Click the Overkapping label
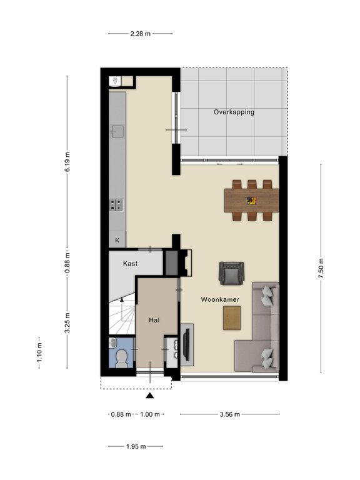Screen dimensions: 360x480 pyautogui.click(x=234, y=112)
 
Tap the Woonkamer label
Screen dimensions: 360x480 pyautogui.click(x=220, y=299)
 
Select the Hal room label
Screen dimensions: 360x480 pyautogui.click(x=154, y=320)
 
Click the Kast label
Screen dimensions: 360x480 pyautogui.click(x=130, y=263)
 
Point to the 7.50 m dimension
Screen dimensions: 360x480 pyautogui.click(x=321, y=268)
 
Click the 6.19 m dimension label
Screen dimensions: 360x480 pyautogui.click(x=67, y=162)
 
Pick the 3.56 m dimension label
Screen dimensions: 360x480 pyautogui.click(x=230, y=414)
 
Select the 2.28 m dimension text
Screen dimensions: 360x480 pyautogui.click(x=141, y=34)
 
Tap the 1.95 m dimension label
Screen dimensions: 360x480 pyautogui.click(x=136, y=447)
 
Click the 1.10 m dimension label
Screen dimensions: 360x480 pyautogui.click(x=39, y=352)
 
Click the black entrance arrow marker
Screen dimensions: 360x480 pyautogui.click(x=150, y=396)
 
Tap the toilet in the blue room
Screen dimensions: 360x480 pyautogui.click(x=122, y=357)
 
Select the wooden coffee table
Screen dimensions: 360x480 pyautogui.click(x=232, y=318)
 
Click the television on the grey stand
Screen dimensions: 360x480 pyautogui.click(x=186, y=344)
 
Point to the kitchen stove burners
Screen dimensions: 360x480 pyautogui.click(x=117, y=205)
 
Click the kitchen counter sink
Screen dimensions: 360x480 pyautogui.click(x=117, y=132)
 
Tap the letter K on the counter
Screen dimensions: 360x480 pyautogui.click(x=117, y=240)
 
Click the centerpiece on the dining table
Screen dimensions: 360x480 pyautogui.click(x=251, y=201)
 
